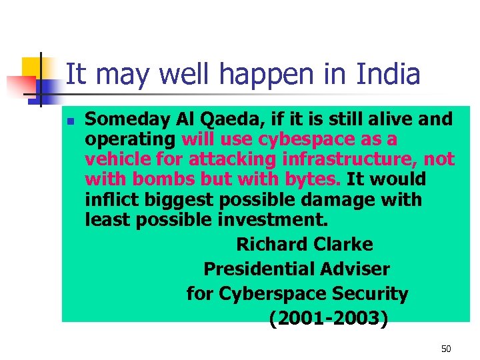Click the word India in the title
tap(388, 75)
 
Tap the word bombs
tap(158, 180)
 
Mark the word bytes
tap(315, 180)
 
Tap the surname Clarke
tap(341, 245)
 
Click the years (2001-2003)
tap(328, 319)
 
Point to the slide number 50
tap(446, 349)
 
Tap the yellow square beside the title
tap(32, 67)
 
